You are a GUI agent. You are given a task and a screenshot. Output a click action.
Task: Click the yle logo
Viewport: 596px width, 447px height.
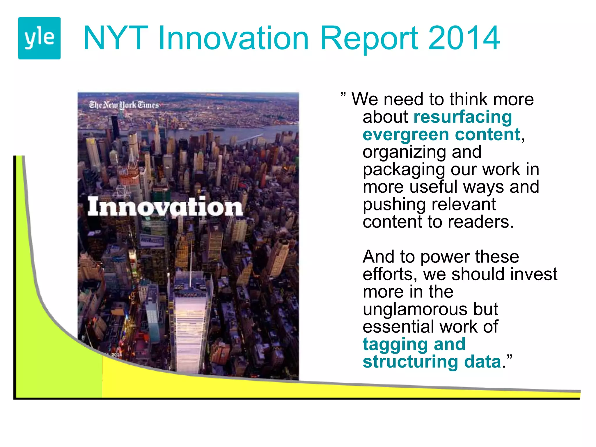click(39, 38)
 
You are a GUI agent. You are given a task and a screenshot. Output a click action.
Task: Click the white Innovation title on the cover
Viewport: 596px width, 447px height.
click(165, 207)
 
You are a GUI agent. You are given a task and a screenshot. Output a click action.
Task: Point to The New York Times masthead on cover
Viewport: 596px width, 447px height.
click(124, 105)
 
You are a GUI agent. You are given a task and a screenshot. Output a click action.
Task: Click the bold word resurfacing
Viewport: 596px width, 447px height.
click(462, 117)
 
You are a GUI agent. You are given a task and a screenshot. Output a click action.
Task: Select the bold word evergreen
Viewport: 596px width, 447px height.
click(406, 135)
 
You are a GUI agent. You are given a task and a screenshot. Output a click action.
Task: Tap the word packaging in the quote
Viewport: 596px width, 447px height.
click(403, 170)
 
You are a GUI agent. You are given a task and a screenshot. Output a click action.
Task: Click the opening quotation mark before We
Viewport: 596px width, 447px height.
click(343, 95)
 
